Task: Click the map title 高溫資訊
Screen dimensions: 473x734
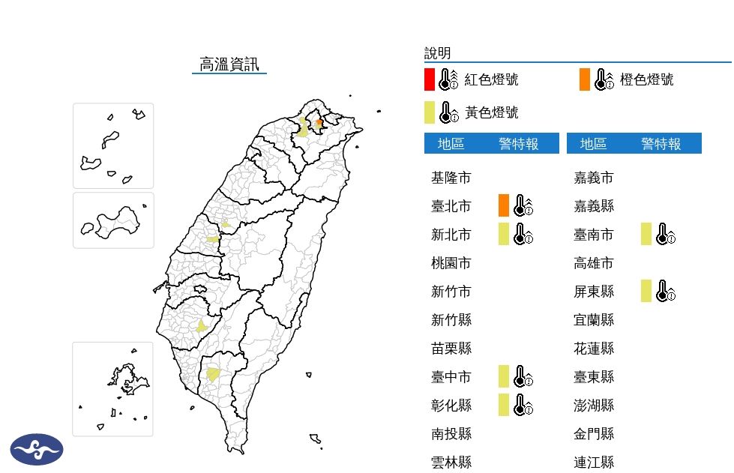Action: (229, 64)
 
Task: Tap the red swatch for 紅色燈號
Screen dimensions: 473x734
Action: (429, 79)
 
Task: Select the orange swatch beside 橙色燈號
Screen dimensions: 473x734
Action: (585, 79)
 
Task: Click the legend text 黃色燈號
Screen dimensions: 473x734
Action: (491, 112)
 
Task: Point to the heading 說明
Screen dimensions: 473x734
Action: (437, 52)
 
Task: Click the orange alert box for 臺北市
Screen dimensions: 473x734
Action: (504, 205)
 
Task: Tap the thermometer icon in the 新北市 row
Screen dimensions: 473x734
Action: (523, 234)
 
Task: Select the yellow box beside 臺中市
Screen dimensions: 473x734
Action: (504, 376)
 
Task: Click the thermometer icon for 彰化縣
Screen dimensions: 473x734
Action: (523, 405)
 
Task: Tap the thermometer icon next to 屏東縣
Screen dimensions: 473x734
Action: (665, 291)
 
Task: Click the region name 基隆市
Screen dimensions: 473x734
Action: (451, 178)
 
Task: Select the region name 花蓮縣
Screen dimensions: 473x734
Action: (594, 349)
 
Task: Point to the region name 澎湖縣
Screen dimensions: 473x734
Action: (594, 406)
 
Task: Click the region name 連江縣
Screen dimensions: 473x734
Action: (594, 463)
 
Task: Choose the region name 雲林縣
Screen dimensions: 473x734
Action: (451, 463)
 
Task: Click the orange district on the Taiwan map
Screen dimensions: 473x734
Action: (319, 123)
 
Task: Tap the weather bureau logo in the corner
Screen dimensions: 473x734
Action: (37, 449)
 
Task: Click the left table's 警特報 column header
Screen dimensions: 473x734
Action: (519, 144)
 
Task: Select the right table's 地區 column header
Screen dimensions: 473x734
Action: (594, 144)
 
